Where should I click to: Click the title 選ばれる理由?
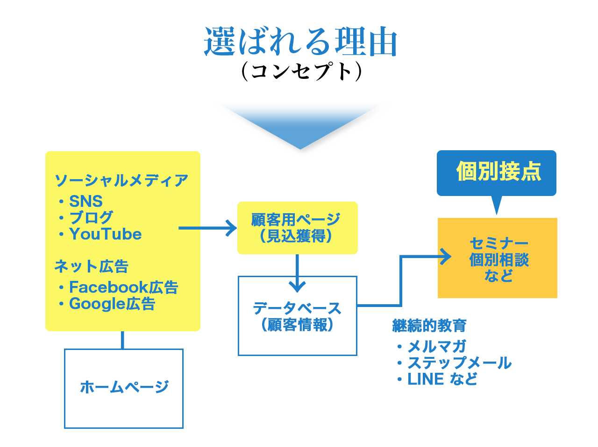tap(300, 42)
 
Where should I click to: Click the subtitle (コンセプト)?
tap(301, 71)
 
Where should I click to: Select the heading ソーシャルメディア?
tap(121, 180)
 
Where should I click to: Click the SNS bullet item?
tap(85, 201)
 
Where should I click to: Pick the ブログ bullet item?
tap(91, 217)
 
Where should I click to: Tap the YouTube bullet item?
tap(105, 234)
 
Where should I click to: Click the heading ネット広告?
tap(92, 266)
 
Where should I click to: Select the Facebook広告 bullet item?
tap(123, 287)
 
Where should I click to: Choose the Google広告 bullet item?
tap(112, 304)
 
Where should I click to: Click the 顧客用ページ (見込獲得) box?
tap(297, 228)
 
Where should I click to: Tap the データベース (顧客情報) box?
tap(298, 316)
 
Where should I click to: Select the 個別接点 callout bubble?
tap(497, 172)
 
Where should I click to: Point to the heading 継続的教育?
tap(429, 325)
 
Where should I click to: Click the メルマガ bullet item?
tap(436, 346)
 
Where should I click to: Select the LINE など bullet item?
tap(442, 379)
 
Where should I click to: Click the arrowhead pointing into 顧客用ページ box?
tap(231, 228)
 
